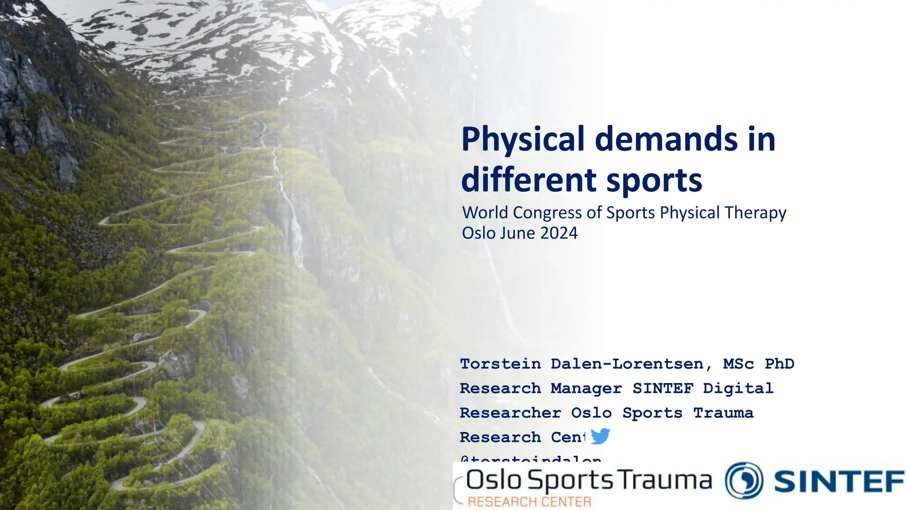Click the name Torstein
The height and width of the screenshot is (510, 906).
[500, 364]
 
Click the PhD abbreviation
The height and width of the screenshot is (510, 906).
[779, 364]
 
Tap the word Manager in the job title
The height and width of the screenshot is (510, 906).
[586, 389]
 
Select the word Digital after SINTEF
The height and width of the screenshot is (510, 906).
[738, 389]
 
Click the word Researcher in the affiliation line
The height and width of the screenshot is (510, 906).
[510, 413]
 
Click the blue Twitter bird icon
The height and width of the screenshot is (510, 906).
[600, 436]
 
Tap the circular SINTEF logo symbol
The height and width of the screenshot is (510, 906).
[744, 481]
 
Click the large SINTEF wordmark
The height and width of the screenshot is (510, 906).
[838, 482]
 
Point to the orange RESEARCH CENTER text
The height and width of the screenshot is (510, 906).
[530, 502]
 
